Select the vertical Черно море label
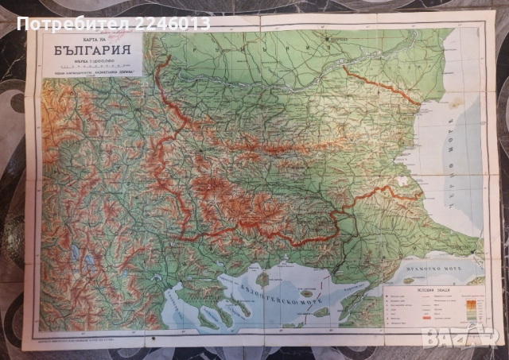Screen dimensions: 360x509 pos(468,160)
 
